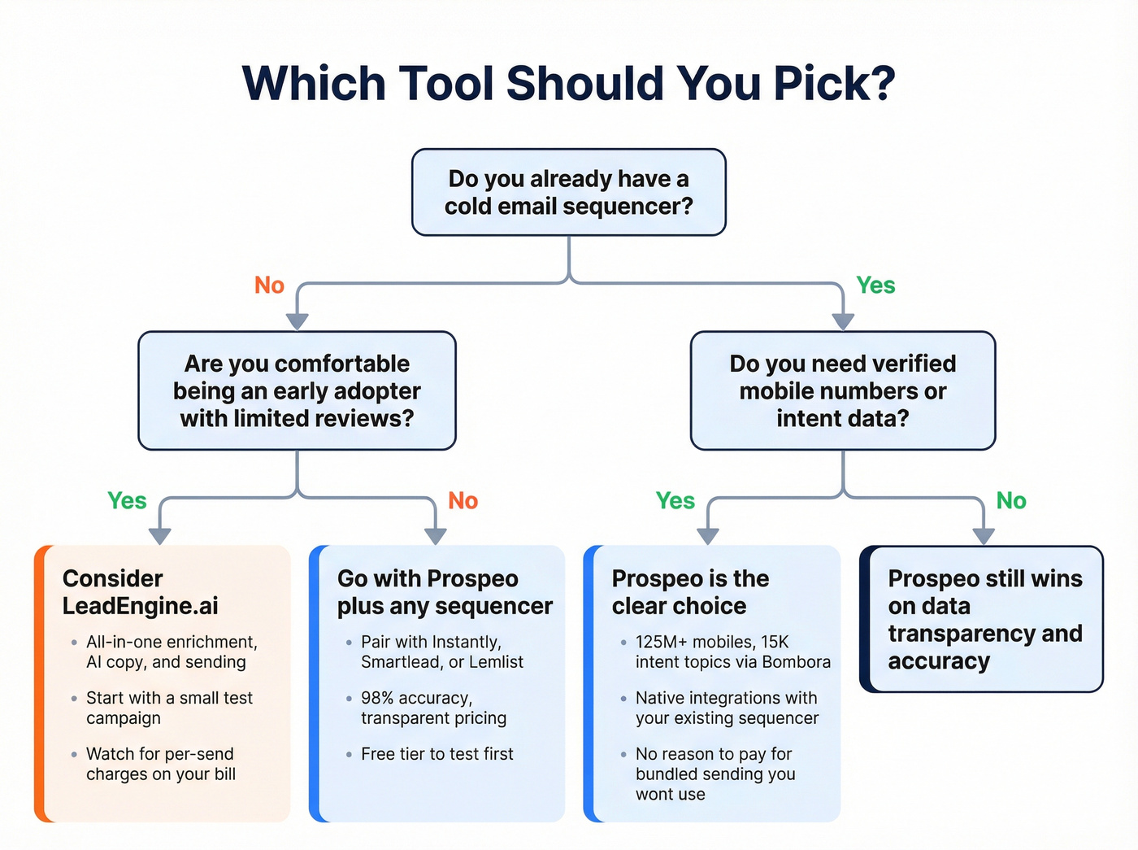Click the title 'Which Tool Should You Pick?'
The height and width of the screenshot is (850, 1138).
pos(568,84)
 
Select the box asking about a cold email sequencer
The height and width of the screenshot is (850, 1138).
pos(568,193)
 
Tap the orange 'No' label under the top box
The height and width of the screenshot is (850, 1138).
pos(269,286)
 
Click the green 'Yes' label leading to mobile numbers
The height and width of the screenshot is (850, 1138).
pos(875,286)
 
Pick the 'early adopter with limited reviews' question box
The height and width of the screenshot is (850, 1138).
pos(297,390)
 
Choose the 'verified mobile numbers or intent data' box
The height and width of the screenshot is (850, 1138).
pos(842,390)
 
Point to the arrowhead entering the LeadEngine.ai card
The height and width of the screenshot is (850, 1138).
pos(160,535)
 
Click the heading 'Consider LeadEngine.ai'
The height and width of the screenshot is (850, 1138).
pos(140,592)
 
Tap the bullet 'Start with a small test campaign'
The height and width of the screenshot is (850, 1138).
pos(169,708)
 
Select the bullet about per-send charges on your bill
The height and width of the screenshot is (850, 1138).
pos(161,764)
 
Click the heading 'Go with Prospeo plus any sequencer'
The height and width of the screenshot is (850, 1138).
pos(444,592)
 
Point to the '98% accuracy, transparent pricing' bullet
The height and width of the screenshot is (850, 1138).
pos(433,708)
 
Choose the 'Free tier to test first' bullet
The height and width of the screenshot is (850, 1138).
pos(437,754)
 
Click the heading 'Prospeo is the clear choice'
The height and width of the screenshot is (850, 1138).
pos(689,592)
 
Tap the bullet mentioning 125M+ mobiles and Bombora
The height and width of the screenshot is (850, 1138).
pos(732,652)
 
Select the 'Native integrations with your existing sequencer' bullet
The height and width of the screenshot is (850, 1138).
pos(727,708)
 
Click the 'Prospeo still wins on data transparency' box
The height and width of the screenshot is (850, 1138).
pos(984,619)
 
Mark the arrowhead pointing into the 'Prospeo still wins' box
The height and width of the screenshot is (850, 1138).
pos(984,535)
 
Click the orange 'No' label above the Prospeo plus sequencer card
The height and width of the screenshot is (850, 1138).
pos(463,501)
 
